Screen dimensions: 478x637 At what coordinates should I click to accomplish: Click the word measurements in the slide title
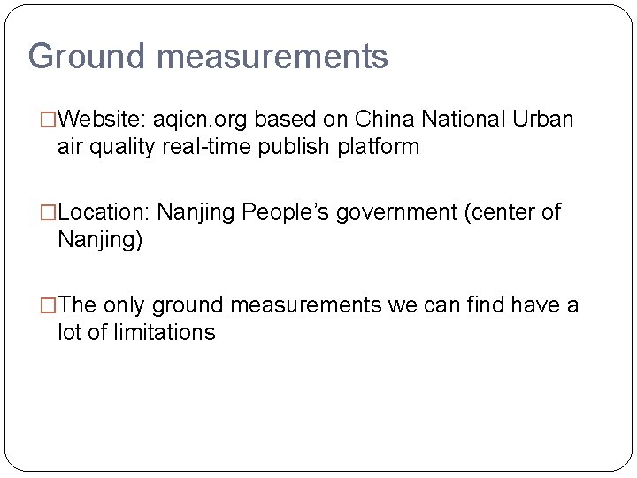click(272, 57)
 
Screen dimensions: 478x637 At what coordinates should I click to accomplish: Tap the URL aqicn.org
click(202, 119)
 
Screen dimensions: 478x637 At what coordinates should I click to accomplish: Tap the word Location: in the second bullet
click(104, 212)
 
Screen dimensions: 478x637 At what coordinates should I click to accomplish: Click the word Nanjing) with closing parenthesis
click(99, 241)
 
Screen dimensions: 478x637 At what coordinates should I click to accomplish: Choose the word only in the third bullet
click(125, 306)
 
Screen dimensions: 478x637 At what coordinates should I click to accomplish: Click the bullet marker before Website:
click(50, 119)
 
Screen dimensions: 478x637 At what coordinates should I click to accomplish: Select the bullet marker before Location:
click(50, 213)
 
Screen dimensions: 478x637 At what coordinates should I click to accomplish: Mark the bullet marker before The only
click(50, 306)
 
